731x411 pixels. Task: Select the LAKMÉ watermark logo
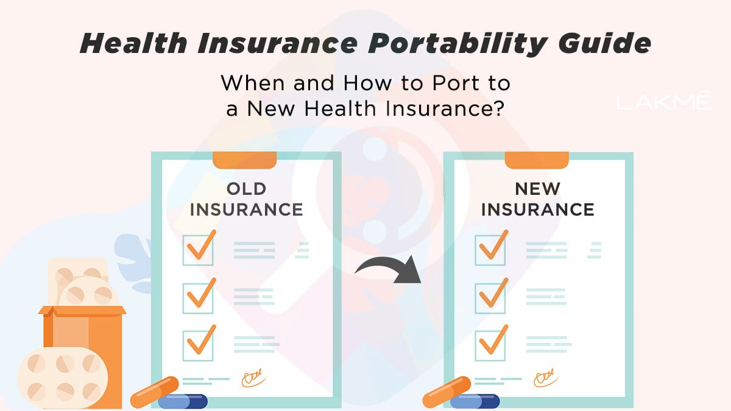click(663, 102)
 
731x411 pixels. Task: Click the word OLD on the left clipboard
click(246, 189)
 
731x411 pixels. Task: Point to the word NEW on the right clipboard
click(538, 189)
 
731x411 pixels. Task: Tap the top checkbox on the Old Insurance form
click(199, 250)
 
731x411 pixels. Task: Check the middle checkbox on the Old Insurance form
click(199, 297)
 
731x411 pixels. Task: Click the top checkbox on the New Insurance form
click(490, 250)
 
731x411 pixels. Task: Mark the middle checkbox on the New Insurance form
click(490, 297)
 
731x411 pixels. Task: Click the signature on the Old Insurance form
click(253, 378)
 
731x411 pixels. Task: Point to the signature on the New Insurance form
click(544, 378)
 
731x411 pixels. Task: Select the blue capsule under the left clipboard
click(183, 401)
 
